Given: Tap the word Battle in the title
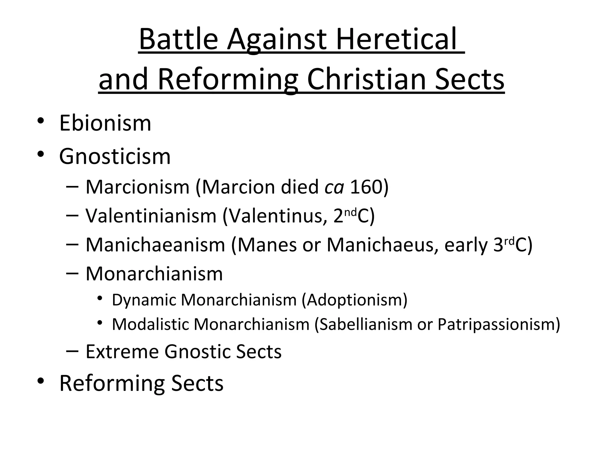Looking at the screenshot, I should pos(178,39).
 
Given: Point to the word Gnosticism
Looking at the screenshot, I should pos(115,156).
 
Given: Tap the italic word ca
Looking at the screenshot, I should pos(334,187).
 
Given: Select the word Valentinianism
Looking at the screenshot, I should pos(151,216).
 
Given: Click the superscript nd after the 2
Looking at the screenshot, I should pos(350,211).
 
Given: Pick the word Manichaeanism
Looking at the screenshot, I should pos(155,245).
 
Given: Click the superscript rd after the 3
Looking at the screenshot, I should pos(509,240).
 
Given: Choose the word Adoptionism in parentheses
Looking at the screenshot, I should pos(354,300).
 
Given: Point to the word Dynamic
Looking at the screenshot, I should pos(143,300).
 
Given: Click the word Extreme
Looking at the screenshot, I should pos(122,351).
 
